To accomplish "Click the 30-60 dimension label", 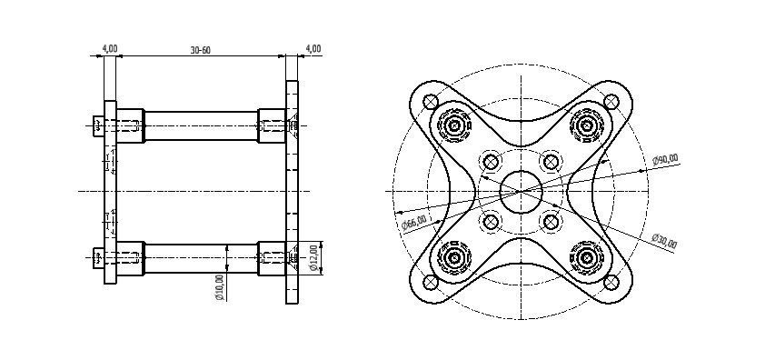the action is pos(200,50).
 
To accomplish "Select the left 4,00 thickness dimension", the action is pos(110,48).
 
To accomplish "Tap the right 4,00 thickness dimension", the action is pos(313,48).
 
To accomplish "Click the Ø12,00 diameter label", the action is pos(313,257).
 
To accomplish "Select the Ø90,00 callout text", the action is pos(665,160).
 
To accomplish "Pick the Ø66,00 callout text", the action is pos(413,223).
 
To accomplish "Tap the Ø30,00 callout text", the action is pos(664,241).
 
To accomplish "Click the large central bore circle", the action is pos(521,192).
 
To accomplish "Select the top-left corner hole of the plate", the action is pos(431,102).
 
